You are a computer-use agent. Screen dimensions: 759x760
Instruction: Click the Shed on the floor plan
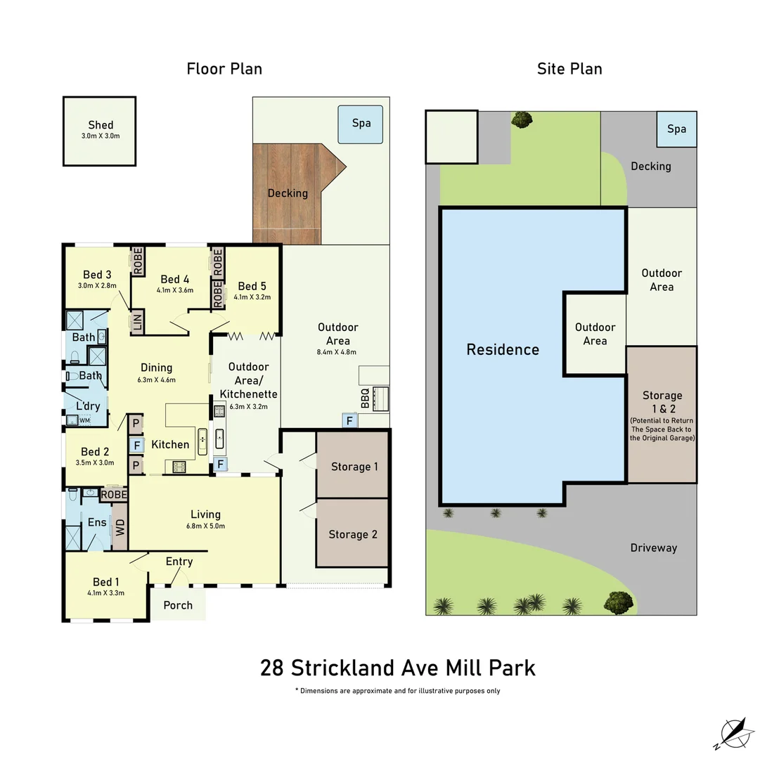pos(99,131)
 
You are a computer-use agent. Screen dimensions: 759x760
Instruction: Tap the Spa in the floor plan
pos(361,124)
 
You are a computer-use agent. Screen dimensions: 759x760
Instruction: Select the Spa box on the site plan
pos(676,129)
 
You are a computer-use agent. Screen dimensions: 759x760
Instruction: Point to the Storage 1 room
pos(352,467)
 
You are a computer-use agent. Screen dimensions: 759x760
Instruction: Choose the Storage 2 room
pos(352,534)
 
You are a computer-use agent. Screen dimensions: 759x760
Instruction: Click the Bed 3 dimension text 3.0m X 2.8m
pos(98,286)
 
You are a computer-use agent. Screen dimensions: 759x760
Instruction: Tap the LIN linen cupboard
pos(137,323)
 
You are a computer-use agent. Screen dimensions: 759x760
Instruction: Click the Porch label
pos(178,605)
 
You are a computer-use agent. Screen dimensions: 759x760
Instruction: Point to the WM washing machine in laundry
pos(84,420)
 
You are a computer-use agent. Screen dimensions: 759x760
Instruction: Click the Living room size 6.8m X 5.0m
pos(205,526)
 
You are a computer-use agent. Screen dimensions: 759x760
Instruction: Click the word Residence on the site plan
pos(503,349)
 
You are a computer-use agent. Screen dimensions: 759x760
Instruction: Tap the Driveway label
pos(653,547)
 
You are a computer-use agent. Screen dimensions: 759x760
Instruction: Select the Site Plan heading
pos(569,69)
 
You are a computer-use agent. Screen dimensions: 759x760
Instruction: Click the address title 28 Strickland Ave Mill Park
pos(397,667)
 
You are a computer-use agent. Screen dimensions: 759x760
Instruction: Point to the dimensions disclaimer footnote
pos(397,691)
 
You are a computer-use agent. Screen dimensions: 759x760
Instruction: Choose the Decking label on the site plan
pos(650,166)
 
